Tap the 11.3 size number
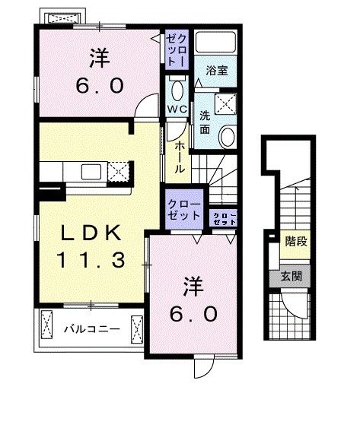(88, 261)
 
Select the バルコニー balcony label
(91, 330)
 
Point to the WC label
(178, 109)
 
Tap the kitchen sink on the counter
(89, 170)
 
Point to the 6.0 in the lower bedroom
(193, 312)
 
